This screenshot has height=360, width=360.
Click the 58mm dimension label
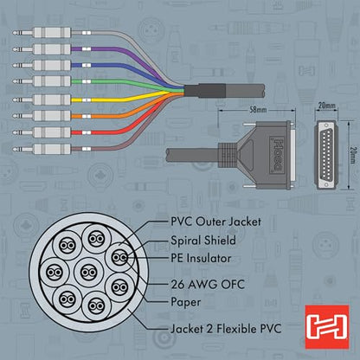tap(258, 110)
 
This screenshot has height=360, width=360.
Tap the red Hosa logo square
tap(327, 326)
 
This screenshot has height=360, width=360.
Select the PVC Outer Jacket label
tap(215, 222)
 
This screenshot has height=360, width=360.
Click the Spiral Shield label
tap(203, 241)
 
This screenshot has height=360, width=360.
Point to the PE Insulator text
tap(201, 258)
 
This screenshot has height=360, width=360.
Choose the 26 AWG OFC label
tap(208, 285)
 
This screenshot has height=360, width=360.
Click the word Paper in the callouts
tap(186, 302)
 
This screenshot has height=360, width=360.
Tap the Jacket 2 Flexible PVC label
tap(226, 329)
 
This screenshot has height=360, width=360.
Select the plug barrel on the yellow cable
tap(52, 100)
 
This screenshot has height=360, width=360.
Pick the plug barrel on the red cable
tap(52, 132)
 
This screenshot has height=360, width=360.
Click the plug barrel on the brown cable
tap(52, 149)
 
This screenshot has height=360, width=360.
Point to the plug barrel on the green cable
tap(52, 81)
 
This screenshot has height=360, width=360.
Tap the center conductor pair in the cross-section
tap(88, 273)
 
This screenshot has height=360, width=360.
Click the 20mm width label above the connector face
tap(327, 106)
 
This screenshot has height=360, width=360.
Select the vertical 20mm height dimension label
tap(352, 155)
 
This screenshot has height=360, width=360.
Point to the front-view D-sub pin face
tap(326, 155)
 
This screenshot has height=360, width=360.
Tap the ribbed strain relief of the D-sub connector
tap(227, 155)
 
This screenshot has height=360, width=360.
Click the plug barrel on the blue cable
tap(52, 65)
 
